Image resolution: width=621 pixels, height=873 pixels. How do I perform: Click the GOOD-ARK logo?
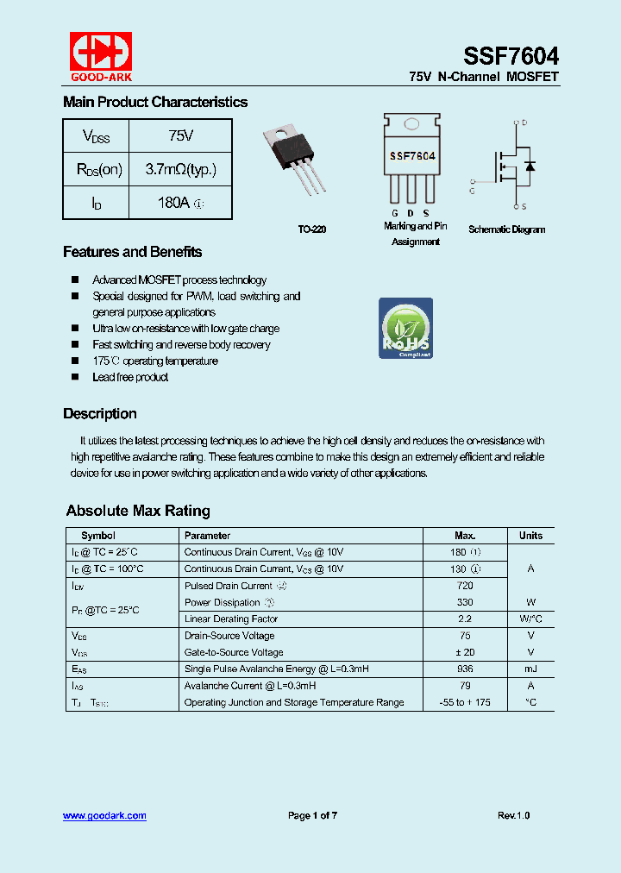pos(101,56)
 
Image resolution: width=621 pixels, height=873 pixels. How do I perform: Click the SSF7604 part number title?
pos(511,57)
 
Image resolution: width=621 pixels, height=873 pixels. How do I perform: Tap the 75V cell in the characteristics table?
pos(180,136)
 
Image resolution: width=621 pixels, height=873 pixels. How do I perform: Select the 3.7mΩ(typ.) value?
pos(180,169)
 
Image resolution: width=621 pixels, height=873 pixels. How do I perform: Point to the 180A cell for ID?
pos(180,203)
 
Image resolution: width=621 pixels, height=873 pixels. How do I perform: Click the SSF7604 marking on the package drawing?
pos(411,157)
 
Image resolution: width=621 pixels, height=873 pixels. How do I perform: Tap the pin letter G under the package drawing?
pos(395,213)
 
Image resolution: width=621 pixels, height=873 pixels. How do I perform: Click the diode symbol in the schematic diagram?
pos(530,165)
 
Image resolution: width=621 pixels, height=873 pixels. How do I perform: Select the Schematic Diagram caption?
pos(506,229)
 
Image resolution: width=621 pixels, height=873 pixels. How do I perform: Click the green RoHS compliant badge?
pos(405,328)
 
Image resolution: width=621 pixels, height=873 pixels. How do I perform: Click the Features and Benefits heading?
pos(132,252)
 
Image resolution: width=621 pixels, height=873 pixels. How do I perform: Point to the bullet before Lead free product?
pos(74,377)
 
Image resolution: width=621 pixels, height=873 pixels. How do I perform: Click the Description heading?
pos(99,414)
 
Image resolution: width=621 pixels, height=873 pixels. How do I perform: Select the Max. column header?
pos(465,536)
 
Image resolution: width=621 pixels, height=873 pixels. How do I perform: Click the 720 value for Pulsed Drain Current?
pos(465,586)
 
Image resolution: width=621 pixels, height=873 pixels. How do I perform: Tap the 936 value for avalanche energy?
pos(465,669)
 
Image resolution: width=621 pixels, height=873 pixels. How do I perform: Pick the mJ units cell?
pos(530,669)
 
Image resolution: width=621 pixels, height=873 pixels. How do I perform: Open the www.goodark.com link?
pos(104,815)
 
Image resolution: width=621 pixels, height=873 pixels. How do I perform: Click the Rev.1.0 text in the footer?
pos(513,816)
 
